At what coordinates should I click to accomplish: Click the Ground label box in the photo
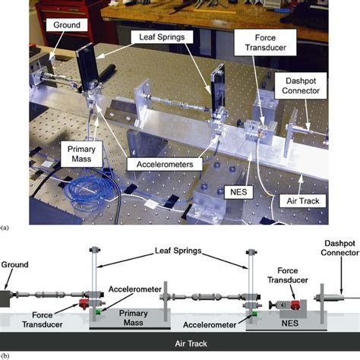(67, 25)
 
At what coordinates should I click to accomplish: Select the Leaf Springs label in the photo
(162, 37)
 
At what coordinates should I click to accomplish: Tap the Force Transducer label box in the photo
(265, 43)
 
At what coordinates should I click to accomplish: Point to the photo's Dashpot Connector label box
(301, 86)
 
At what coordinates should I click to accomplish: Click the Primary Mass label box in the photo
(81, 154)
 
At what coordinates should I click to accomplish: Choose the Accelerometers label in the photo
(165, 164)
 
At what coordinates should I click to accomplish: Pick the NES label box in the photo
(238, 192)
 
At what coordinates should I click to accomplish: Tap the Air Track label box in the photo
(303, 201)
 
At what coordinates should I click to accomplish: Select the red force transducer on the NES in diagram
(295, 305)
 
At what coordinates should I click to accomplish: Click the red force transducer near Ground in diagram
(84, 303)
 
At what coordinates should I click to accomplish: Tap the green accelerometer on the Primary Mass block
(98, 312)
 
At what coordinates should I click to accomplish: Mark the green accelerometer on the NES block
(254, 314)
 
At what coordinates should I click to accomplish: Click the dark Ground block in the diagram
(5, 298)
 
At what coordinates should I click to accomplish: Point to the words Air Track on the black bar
(191, 343)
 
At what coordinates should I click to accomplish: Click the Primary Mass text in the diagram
(134, 318)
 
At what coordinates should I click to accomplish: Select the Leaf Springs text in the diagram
(178, 251)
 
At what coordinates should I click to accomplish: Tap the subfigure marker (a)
(5, 228)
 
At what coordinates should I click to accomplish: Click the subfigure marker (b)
(5, 356)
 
